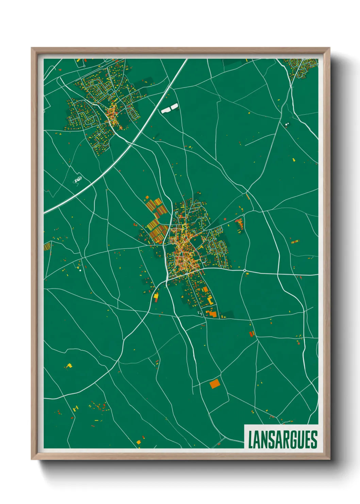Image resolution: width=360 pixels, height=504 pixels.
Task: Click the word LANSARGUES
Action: (x=282, y=440)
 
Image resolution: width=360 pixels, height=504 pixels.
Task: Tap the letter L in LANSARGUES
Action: (x=251, y=440)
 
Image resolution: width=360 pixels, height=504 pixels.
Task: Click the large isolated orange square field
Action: (x=215, y=384)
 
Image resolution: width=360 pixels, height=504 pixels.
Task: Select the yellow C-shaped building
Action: (x=210, y=300)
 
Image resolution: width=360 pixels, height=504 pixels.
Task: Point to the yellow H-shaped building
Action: (x=75, y=408)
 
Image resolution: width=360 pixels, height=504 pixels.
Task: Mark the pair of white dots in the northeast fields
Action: (x=287, y=124)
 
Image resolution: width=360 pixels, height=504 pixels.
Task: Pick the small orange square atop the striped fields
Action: (x=147, y=197)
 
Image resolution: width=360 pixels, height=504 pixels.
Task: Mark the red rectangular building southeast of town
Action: (x=251, y=334)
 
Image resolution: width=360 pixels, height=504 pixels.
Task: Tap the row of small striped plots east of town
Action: (x=295, y=242)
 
